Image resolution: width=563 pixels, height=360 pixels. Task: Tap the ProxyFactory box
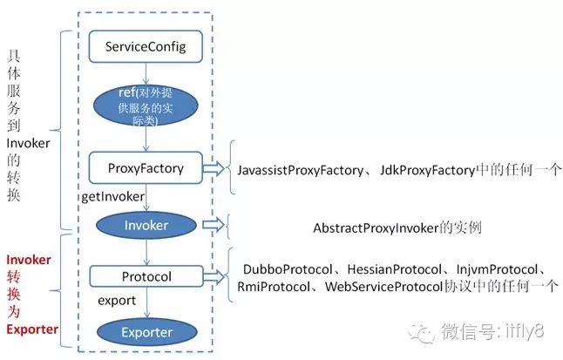(146, 168)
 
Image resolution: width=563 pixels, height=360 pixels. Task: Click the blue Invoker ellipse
(145, 224)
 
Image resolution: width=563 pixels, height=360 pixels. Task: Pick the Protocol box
(145, 277)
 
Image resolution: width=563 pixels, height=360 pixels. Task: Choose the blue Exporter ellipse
(146, 332)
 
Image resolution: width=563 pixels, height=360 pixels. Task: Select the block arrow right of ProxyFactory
(214, 167)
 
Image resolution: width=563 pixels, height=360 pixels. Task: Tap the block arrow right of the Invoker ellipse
(213, 224)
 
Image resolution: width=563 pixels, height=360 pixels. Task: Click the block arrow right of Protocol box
(214, 277)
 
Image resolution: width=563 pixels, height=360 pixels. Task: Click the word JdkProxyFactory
(431, 171)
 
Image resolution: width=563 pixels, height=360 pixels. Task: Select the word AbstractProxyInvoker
(380, 228)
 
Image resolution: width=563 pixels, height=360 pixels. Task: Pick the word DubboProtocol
(284, 269)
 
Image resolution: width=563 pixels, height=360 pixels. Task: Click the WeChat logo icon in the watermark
(423, 332)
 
